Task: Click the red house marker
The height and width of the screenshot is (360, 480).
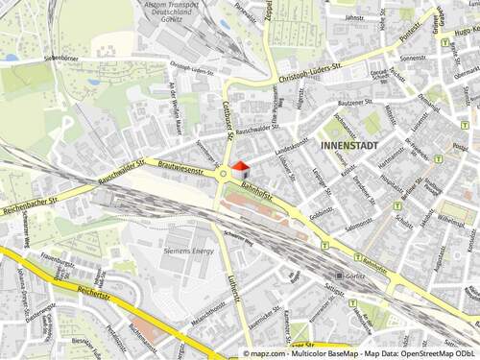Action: [240, 168]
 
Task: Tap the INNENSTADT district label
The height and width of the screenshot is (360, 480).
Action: [345, 145]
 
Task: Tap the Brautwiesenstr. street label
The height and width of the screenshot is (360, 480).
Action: [180, 169]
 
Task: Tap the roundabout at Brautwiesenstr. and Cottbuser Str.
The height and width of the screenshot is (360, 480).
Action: [225, 174]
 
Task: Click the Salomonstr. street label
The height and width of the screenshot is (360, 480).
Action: [357, 223]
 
